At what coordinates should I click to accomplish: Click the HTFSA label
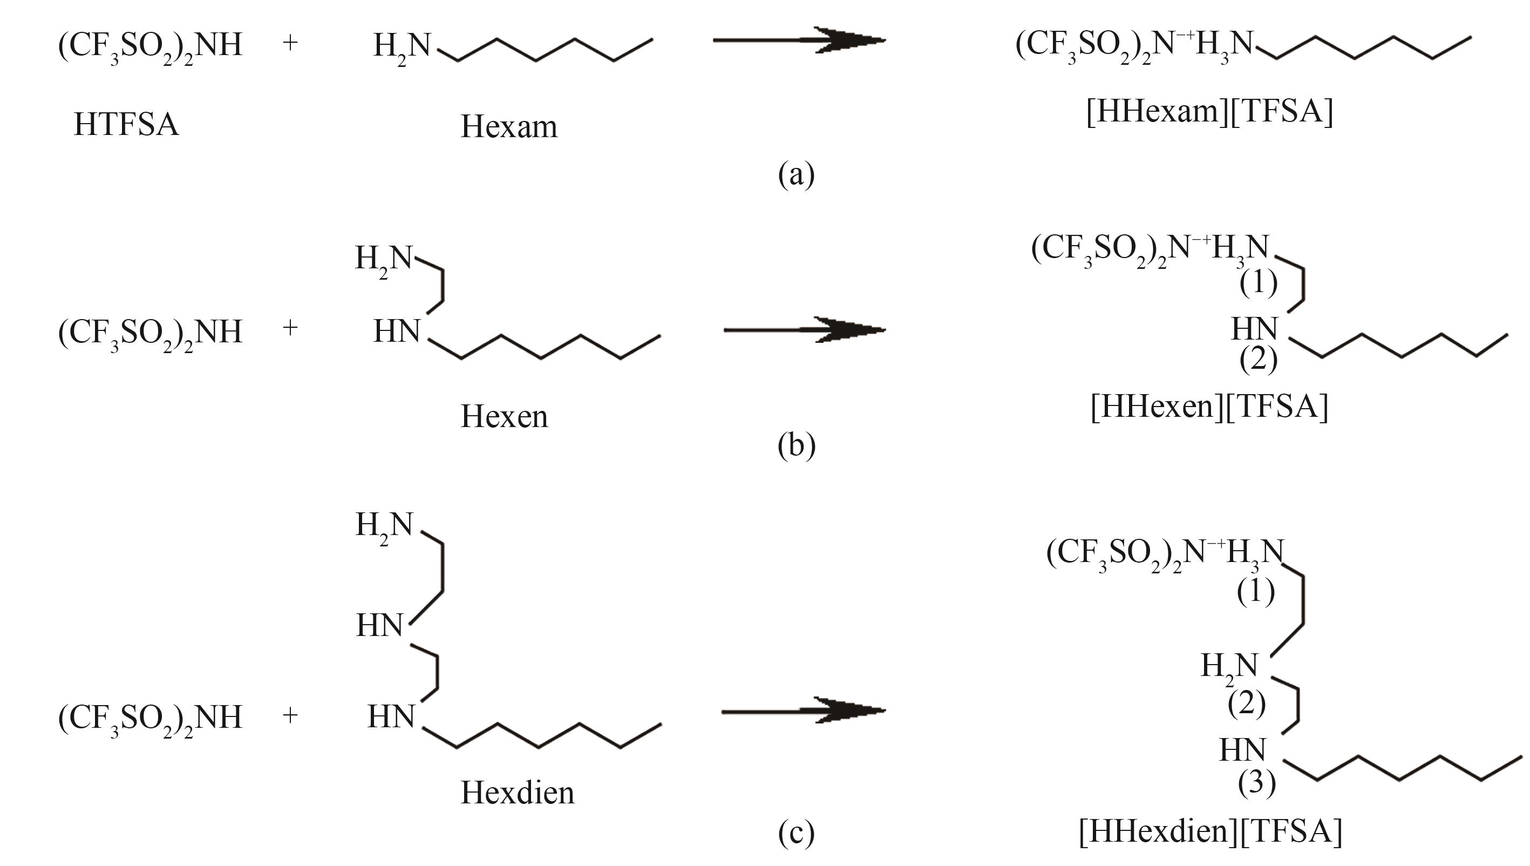point(126,125)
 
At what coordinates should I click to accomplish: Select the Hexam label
point(509,126)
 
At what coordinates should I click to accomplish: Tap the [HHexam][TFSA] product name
point(1209,111)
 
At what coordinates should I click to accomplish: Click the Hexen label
point(504,416)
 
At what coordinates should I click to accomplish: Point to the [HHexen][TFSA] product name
point(1209,406)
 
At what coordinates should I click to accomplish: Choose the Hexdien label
point(517,792)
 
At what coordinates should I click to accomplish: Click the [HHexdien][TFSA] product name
point(1210,830)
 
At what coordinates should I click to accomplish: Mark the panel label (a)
point(797,175)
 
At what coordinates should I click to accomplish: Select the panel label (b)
point(797,445)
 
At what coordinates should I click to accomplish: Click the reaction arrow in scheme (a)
point(799,40)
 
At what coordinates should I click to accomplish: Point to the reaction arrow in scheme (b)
point(805,329)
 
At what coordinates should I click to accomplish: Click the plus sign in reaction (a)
point(290,42)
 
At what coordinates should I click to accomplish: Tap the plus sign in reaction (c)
point(290,715)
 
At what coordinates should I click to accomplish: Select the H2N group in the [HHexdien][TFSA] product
point(1229,667)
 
